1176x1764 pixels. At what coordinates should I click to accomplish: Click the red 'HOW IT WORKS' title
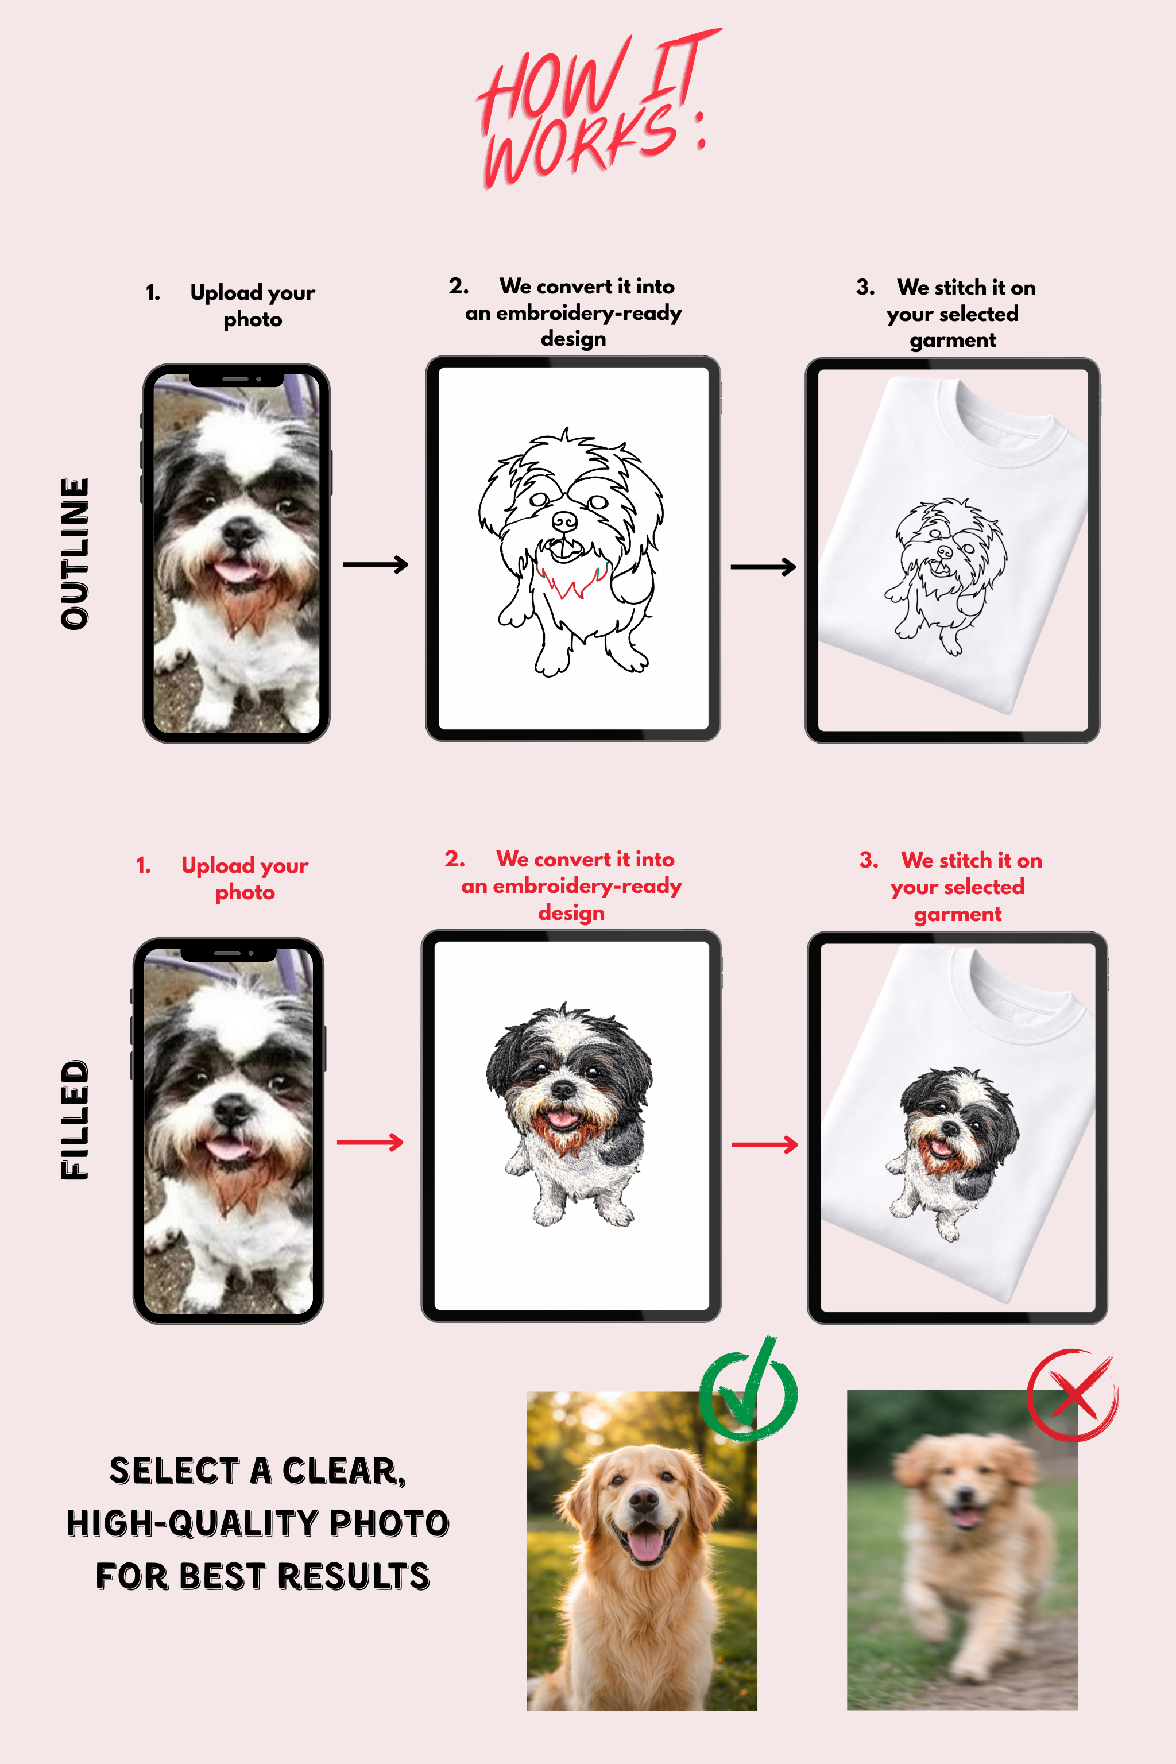593,109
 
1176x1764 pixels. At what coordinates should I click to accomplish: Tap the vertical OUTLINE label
75,553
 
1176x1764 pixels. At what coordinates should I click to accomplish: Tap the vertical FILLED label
75,1119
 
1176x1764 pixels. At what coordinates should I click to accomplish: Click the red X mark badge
1073,1395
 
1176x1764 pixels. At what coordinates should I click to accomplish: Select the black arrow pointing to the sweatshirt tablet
763,567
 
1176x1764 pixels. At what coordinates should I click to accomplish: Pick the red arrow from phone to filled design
370,1142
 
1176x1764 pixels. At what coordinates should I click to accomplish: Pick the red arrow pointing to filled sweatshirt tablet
764,1144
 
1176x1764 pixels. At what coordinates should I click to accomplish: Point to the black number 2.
458,286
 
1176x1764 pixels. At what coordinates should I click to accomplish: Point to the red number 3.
868,860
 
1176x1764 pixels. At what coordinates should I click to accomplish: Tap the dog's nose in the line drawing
564,520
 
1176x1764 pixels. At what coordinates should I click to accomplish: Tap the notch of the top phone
235,379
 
